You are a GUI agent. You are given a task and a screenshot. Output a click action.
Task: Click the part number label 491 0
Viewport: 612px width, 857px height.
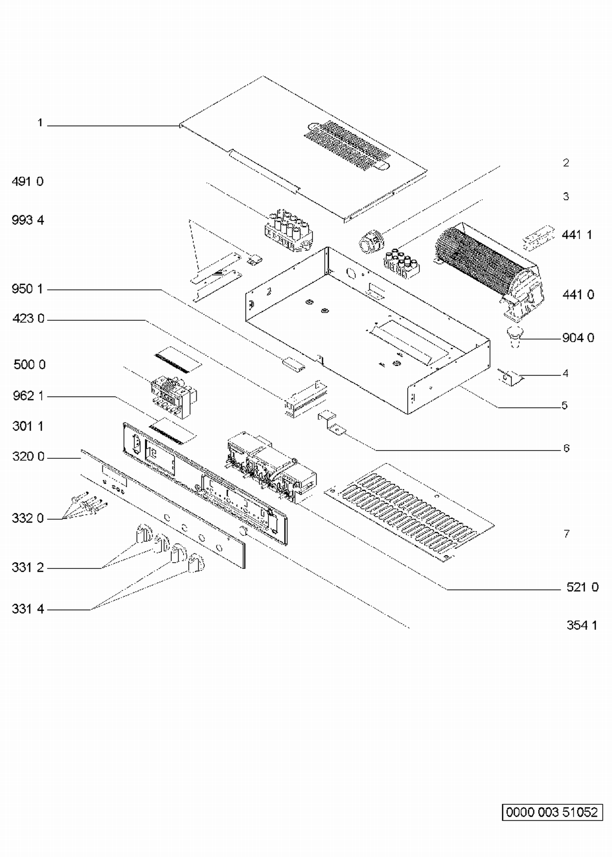(28, 181)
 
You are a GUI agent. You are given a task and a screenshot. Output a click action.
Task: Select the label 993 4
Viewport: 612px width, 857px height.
(28, 220)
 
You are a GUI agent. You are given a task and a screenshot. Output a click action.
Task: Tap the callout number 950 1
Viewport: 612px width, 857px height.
(28, 289)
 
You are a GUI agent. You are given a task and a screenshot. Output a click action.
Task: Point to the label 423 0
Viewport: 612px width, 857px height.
(28, 318)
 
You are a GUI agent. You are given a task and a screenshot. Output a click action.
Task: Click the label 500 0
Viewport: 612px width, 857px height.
(29, 364)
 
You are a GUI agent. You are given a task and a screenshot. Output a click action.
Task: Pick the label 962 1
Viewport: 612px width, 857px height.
(28, 396)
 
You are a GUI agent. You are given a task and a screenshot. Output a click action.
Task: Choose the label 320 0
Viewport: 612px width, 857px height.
(28, 456)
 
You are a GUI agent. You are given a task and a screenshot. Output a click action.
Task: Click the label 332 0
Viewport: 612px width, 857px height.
(28, 518)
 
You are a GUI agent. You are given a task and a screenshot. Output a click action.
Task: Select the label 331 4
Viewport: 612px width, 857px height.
(28, 609)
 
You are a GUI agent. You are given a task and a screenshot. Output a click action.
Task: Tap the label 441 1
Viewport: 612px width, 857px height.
(577, 235)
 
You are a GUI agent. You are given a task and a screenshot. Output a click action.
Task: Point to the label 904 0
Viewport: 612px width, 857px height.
(578, 338)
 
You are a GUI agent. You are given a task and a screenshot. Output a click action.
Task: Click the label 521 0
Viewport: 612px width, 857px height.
(583, 587)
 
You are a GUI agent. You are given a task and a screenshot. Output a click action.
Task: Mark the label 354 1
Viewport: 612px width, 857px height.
(582, 625)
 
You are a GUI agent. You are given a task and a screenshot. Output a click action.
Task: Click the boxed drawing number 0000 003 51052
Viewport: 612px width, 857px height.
(552, 812)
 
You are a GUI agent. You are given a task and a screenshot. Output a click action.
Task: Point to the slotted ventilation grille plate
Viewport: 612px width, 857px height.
(409, 512)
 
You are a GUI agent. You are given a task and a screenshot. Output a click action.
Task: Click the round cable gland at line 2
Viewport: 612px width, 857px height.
(371, 240)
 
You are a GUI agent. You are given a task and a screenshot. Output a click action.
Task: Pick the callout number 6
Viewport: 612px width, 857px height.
(566, 448)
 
